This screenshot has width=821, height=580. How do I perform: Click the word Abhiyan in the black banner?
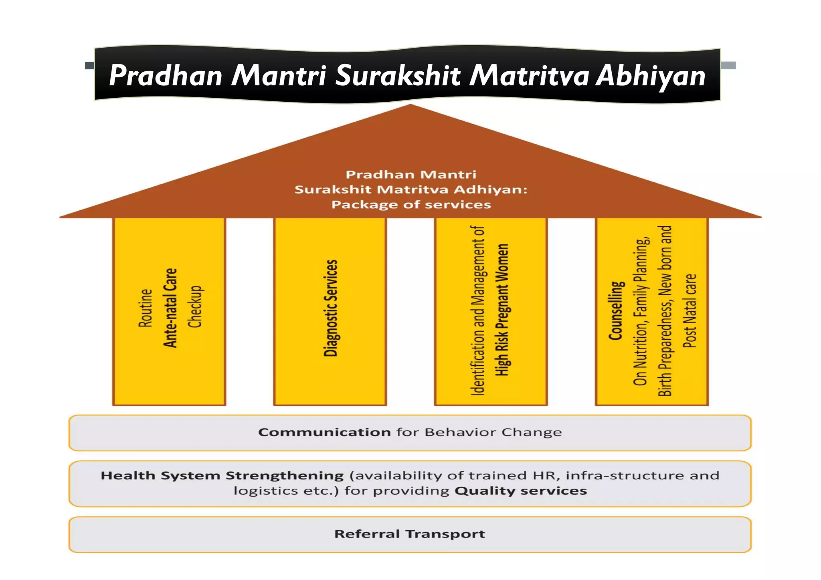pos(650,76)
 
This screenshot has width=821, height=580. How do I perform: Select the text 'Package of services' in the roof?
pos(411,205)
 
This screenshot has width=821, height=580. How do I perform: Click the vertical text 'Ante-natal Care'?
pos(170,308)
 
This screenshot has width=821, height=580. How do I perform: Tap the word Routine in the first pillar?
pos(146,308)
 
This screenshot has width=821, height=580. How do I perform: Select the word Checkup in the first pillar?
pos(195,306)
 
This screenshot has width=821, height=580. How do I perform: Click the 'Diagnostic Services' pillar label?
pos(331,308)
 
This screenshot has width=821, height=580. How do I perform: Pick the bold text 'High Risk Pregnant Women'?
pos(502,310)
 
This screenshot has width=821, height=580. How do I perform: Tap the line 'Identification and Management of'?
pos(478,311)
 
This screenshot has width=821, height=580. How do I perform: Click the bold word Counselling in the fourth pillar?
pos(616,311)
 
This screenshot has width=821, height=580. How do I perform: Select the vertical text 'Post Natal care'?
pos(690,311)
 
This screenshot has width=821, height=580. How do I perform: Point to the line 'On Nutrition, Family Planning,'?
pos(641,312)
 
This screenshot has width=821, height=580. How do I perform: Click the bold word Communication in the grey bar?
pos(324,432)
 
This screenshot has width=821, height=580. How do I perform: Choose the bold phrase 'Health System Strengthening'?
pos(222,475)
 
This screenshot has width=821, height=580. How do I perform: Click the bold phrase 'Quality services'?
pos(521,491)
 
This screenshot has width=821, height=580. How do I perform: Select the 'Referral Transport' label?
pos(410,534)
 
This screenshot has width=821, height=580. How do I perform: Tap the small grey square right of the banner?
pos(728,65)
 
